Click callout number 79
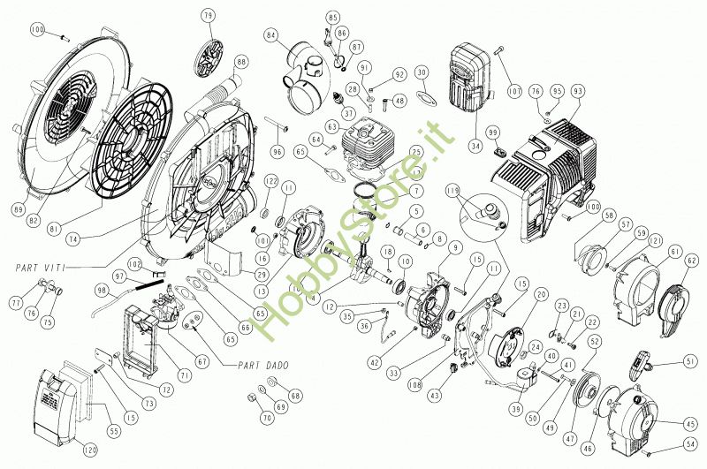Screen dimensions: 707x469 pos(208,16)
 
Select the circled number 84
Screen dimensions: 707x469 pos(271,35)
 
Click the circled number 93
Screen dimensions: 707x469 pos(578,91)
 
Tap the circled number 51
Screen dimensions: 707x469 pos(689,360)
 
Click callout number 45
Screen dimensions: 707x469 pos(690,424)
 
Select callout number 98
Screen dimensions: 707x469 pos(102,291)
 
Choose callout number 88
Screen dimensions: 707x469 pos(241,62)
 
